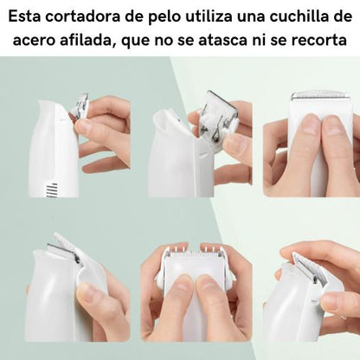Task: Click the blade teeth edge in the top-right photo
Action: pos(319,96)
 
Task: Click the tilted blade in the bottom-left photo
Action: pos(64,252)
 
